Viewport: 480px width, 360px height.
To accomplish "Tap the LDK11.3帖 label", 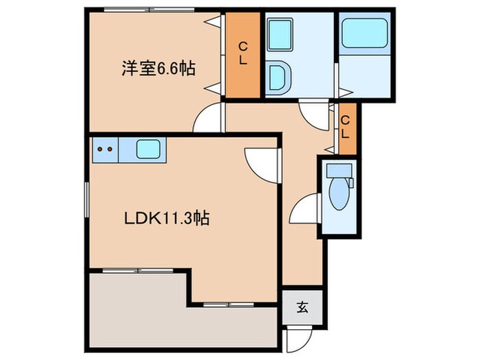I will pyautogui.click(x=167, y=219).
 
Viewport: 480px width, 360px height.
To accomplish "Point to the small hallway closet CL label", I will pyautogui.click(x=347, y=128).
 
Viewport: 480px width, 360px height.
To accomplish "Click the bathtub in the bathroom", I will pyautogui.click(x=365, y=34).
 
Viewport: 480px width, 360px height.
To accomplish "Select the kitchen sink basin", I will pyautogui.click(x=148, y=149).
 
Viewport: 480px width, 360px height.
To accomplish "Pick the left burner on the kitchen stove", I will pyautogui.click(x=99, y=148).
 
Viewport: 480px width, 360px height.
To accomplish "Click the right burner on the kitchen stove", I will pyautogui.click(x=110, y=148).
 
